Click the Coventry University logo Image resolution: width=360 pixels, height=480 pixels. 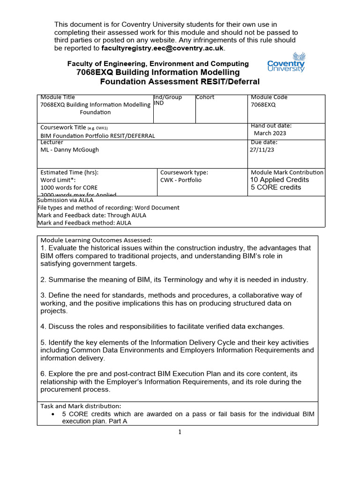[x=286, y=62]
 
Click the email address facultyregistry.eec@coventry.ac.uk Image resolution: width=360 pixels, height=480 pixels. [x=163, y=48]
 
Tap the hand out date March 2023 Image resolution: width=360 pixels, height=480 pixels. [x=270, y=133]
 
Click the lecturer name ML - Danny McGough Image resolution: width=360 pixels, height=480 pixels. [x=70, y=150]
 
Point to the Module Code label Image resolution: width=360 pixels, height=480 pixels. [x=270, y=97]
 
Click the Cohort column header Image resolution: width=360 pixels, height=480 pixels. [x=205, y=97]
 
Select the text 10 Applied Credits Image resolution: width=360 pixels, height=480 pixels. [x=280, y=180]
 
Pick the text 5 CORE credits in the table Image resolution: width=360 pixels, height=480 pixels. [x=276, y=187]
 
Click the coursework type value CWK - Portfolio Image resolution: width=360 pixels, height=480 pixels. [x=181, y=180]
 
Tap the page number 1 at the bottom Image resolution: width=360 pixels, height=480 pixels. [x=180, y=432]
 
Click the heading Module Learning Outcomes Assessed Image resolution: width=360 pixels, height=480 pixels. [x=96, y=240]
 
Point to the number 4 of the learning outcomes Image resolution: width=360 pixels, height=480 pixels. [x=43, y=326]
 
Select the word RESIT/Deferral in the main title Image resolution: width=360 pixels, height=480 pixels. [x=230, y=82]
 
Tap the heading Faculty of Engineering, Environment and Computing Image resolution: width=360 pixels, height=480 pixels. [x=158, y=64]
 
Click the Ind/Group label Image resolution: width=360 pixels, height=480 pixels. [x=168, y=97]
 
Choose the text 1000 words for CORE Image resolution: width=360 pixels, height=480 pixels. [x=69, y=187]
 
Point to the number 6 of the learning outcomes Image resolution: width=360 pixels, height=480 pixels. [x=43, y=374]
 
